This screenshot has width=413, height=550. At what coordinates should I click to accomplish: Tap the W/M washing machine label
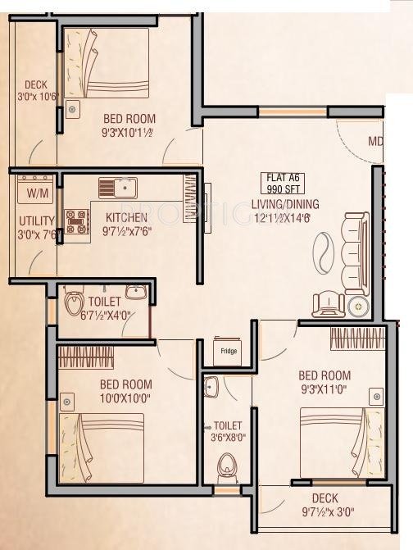click(37, 194)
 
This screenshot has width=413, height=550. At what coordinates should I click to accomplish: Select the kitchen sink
click(118, 188)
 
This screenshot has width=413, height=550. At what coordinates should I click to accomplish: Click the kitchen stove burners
click(77, 222)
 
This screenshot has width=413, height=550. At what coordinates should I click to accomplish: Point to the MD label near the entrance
click(375, 142)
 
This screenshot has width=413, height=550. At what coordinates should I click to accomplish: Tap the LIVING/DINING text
click(286, 204)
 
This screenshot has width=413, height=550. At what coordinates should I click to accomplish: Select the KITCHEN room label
click(126, 217)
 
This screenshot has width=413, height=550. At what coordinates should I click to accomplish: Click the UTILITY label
click(37, 221)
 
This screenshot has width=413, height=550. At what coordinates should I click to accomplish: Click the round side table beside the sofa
click(358, 307)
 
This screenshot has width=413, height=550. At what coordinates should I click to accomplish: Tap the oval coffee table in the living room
click(324, 249)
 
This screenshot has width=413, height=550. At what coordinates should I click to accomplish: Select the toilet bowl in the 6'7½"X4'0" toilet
click(73, 302)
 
